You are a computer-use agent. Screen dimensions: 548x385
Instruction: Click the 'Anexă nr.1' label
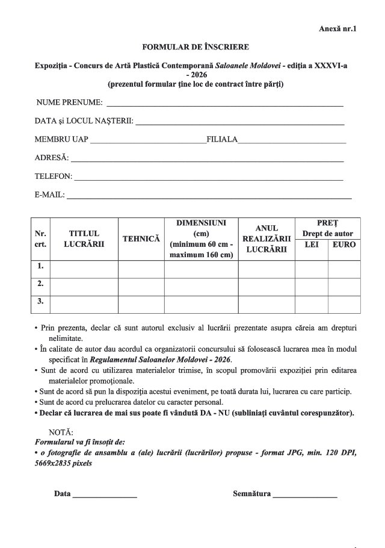(x=337, y=28)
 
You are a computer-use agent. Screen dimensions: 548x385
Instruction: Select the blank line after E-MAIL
(x=209, y=197)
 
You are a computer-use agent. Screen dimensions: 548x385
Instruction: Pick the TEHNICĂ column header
(x=141, y=239)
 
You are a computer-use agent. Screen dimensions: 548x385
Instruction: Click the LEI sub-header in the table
(x=312, y=244)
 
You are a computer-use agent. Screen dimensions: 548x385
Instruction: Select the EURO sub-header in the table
(x=344, y=244)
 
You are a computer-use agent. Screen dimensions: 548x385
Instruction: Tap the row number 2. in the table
(x=40, y=283)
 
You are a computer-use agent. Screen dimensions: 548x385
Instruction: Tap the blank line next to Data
(x=105, y=497)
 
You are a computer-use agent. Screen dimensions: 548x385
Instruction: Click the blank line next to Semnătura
(x=305, y=497)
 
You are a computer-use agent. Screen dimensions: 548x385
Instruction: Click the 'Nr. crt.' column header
(x=40, y=239)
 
